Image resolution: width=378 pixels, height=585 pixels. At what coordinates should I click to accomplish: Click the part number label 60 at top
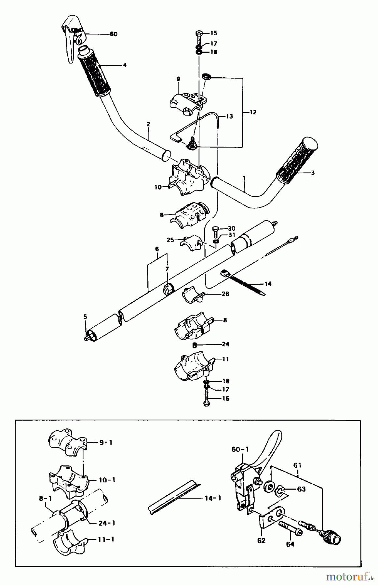coord(114,34)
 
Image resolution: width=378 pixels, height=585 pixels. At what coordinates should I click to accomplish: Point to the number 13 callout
coord(229,116)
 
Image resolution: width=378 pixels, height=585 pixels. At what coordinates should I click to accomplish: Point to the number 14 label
coord(268,284)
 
